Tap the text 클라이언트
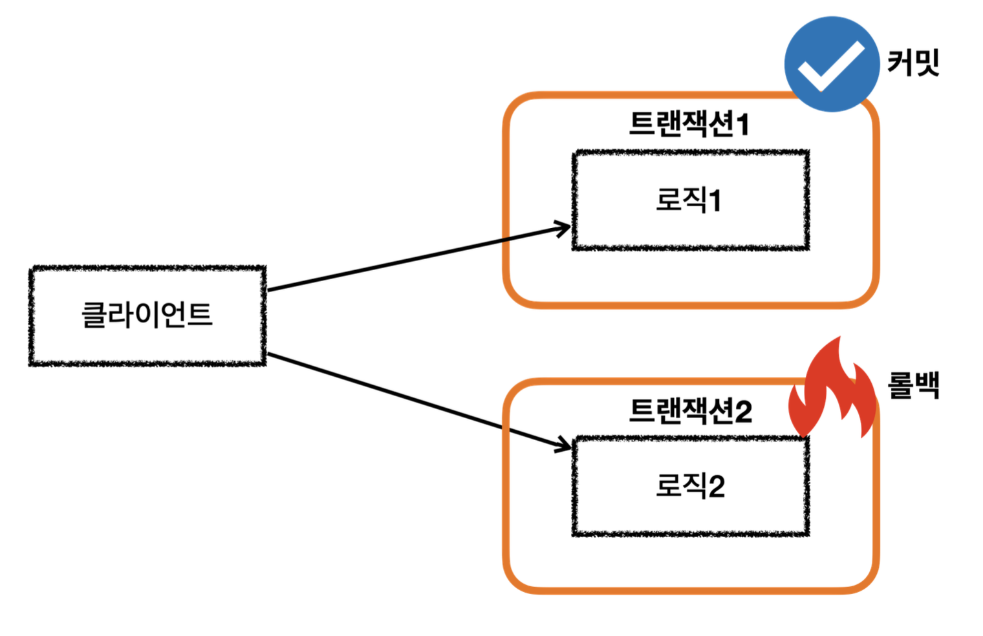coord(147,315)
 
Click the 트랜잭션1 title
coord(689,123)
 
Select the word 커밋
coord(913,63)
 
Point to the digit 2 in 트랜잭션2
coord(743,411)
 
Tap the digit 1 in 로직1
coord(715,200)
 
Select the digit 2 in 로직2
coord(716,487)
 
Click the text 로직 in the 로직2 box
coord(681,485)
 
